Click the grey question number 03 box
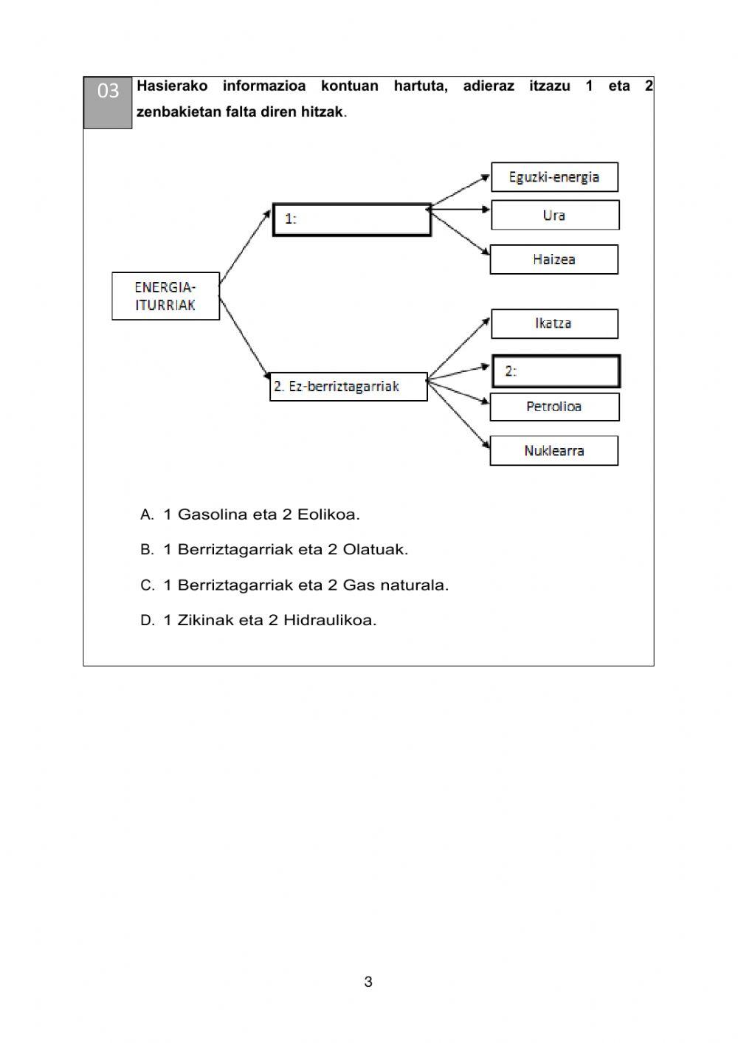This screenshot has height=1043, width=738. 108,102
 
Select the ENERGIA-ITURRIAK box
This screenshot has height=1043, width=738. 165,296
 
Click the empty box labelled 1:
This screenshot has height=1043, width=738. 352,220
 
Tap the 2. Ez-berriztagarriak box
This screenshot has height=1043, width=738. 348,387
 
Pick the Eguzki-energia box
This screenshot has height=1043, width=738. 554,177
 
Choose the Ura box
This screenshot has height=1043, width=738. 554,216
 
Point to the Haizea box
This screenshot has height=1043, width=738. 553,260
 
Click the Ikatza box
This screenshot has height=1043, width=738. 553,323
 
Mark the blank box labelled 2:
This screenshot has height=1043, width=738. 556,371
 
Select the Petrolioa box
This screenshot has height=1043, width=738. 554,407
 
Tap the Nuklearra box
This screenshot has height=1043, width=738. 553,451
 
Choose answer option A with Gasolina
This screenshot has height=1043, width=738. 250,514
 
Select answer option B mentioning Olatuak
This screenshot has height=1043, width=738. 274,550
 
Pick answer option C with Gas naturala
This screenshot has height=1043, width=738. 294,585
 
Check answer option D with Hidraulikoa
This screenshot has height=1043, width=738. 258,621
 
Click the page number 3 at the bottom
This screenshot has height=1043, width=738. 368,982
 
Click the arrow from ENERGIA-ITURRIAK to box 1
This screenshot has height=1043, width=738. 245,247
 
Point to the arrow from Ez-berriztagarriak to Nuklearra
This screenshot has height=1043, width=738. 459,415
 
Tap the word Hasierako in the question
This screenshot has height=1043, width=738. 172,86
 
